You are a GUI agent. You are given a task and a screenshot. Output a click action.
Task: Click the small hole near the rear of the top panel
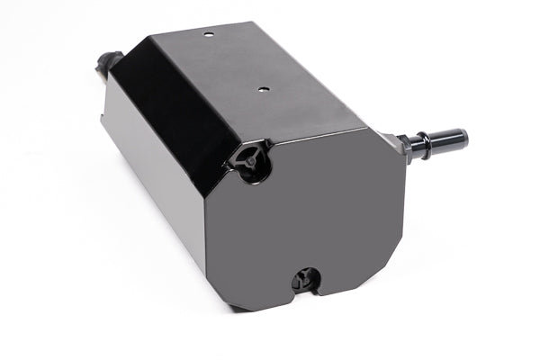click(208, 34)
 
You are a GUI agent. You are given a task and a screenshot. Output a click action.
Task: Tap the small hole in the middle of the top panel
click(263, 89)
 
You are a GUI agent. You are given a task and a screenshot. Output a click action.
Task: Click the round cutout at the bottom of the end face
click(303, 277)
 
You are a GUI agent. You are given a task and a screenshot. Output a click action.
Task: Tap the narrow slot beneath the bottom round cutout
click(304, 292)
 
